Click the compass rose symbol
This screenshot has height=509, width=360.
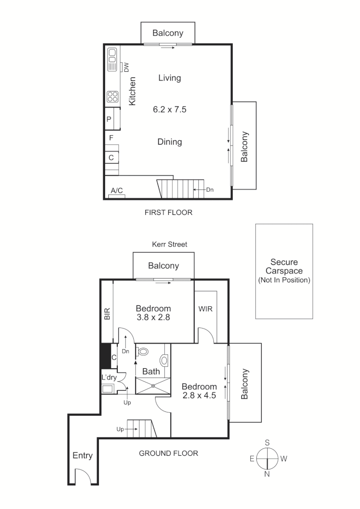click(267, 458)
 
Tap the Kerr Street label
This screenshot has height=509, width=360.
click(169, 244)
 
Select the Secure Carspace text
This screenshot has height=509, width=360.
click(284, 267)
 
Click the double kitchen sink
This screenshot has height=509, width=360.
click(112, 59)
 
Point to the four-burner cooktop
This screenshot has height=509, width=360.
click(112, 97)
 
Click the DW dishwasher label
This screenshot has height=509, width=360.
click(126, 67)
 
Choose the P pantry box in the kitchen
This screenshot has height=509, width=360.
click(109, 120)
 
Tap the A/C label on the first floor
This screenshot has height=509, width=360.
click(116, 190)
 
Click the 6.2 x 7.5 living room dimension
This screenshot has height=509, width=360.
click(170, 109)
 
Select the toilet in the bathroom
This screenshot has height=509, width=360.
click(143, 351)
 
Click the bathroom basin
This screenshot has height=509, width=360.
click(164, 360)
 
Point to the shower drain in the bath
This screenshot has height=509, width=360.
click(153, 385)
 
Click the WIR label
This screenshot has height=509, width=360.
click(205, 309)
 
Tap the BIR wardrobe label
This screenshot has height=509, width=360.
click(107, 314)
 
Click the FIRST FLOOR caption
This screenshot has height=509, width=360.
click(168, 213)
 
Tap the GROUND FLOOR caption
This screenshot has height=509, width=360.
click(168, 453)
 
